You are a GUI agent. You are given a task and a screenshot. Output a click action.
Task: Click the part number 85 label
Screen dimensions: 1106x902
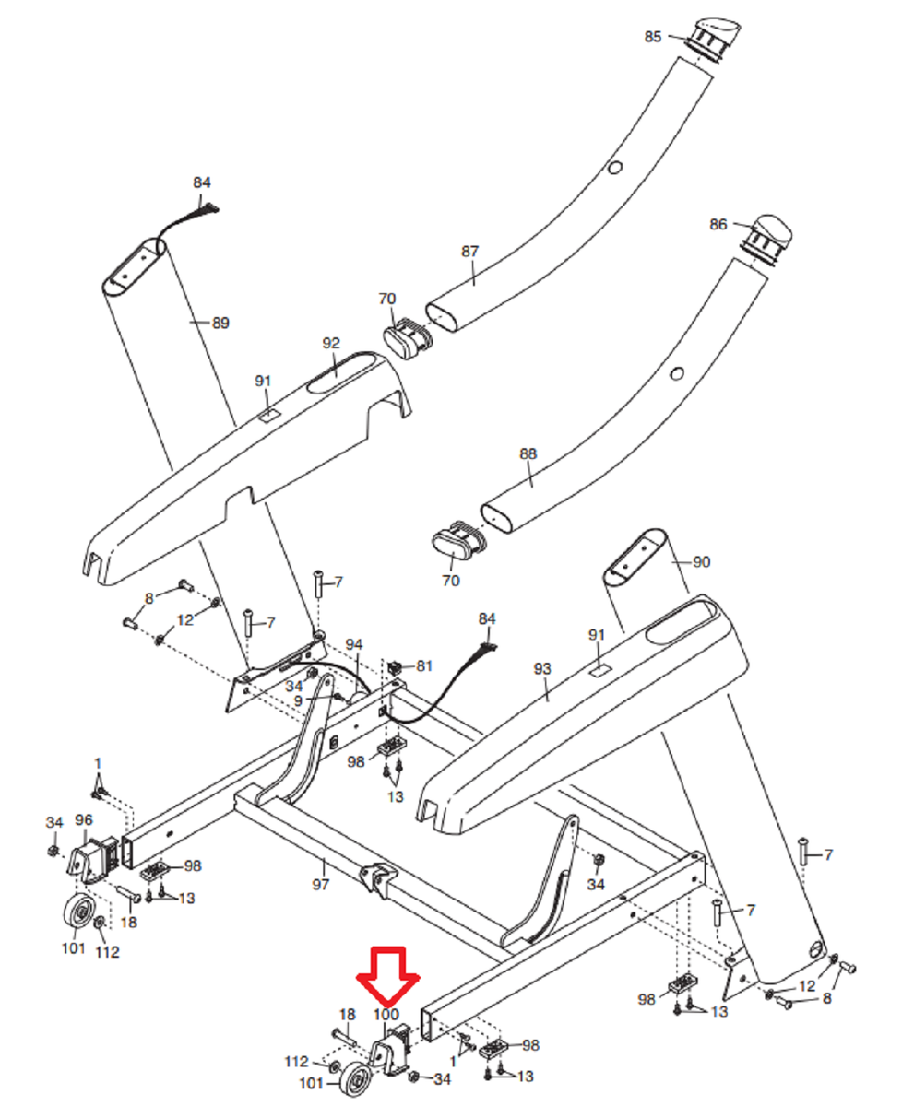tap(653, 37)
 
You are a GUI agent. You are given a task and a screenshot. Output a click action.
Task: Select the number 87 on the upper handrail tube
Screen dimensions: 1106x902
tap(470, 252)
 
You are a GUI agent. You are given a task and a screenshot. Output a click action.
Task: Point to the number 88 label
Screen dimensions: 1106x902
tap(528, 454)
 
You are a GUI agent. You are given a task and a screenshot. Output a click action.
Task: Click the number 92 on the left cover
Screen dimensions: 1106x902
tap(332, 343)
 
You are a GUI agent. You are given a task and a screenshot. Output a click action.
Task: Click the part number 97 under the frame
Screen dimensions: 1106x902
tap(321, 867)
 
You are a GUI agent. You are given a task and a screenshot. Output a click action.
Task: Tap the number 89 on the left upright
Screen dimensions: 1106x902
tap(220, 324)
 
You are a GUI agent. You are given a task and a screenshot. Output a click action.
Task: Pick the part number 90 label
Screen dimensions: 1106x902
tap(702, 561)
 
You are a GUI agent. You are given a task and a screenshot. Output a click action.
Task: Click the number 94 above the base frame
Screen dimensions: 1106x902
tap(355, 643)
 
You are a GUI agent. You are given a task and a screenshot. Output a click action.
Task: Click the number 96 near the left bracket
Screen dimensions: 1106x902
tap(84, 819)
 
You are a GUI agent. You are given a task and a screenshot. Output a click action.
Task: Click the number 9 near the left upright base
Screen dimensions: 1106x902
tap(298, 700)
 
